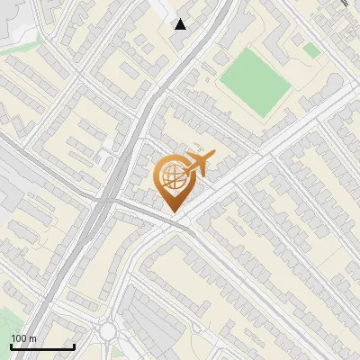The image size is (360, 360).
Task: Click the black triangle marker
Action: (181, 23)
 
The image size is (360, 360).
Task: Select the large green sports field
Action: (254, 82)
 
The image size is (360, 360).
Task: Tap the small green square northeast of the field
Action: (311, 50)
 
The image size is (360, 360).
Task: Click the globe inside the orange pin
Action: (171, 177)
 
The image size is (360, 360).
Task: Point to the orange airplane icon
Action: (199, 164)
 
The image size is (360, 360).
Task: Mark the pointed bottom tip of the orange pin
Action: (171, 211)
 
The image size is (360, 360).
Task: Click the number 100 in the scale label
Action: (19, 337)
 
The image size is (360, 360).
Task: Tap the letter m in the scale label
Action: (32, 337)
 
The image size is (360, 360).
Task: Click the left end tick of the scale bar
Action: (11, 346)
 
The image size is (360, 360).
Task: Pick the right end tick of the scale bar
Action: (74, 346)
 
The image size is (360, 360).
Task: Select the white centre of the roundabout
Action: (108, 332)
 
